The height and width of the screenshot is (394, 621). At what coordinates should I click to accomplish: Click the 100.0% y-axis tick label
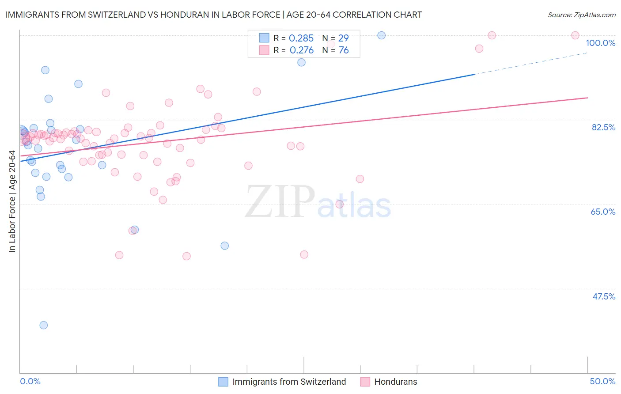pos(600,43)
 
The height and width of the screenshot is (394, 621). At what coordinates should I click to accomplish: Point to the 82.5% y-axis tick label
pos(603,127)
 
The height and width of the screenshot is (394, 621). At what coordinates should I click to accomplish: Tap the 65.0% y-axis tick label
pos(603,212)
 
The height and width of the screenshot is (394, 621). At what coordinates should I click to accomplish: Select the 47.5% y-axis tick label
pos(604,296)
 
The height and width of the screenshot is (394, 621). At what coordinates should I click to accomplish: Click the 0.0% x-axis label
pos(30,381)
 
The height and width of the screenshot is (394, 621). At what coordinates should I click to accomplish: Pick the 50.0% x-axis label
pos(602,381)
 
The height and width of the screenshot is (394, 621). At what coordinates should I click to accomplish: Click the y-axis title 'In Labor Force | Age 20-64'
pos(12,201)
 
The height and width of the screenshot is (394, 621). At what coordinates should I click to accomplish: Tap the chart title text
pos(213,15)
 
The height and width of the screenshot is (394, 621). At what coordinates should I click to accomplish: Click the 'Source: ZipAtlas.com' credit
pos(581,15)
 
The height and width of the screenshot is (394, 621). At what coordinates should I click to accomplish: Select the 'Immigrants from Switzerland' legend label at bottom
pos(289,382)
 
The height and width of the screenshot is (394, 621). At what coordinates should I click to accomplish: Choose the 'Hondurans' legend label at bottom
pos(395,382)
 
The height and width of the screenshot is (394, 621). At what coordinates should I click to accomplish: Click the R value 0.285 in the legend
pos(301,38)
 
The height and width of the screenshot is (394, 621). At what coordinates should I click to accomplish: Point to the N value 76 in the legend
pos(344,50)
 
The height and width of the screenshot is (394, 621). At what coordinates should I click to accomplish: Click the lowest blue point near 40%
pos(43,325)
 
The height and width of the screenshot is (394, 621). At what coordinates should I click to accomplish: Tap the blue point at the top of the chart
pos(381,35)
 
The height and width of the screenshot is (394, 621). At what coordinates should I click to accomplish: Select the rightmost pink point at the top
pos(575,35)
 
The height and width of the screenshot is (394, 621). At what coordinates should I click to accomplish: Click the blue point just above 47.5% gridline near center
pos(224,246)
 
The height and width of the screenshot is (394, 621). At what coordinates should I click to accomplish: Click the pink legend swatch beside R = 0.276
pos(264,50)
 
